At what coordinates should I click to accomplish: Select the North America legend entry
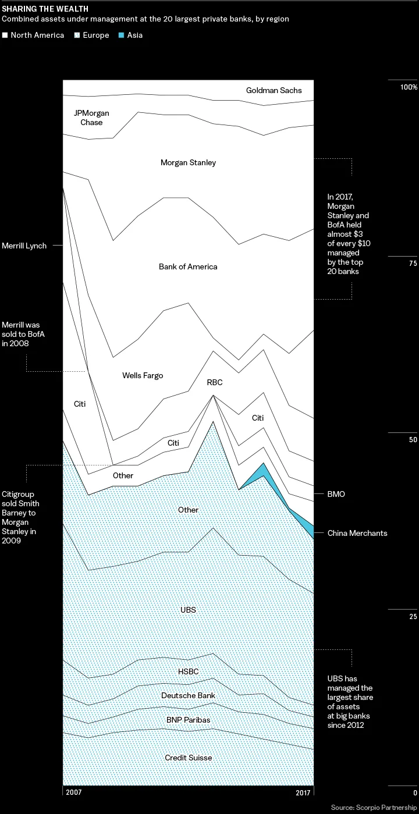point(33,35)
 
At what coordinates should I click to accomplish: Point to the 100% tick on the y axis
point(407,87)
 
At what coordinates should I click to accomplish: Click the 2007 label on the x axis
point(73,792)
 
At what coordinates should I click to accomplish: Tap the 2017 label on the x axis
point(302,792)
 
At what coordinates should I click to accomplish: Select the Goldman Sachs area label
point(274,91)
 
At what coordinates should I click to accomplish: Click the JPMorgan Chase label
point(91,118)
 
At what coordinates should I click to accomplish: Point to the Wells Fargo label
point(143,375)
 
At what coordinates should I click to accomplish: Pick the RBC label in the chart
point(215,383)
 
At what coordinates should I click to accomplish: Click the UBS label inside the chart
point(188,610)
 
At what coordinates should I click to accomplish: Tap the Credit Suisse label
point(188,758)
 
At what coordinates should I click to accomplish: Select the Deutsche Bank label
point(188,695)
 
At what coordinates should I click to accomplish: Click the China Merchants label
point(357,533)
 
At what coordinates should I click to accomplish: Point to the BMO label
point(336,494)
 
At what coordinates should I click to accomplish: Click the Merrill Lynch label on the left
point(24,246)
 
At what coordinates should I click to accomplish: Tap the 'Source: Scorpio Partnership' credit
point(374,808)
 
